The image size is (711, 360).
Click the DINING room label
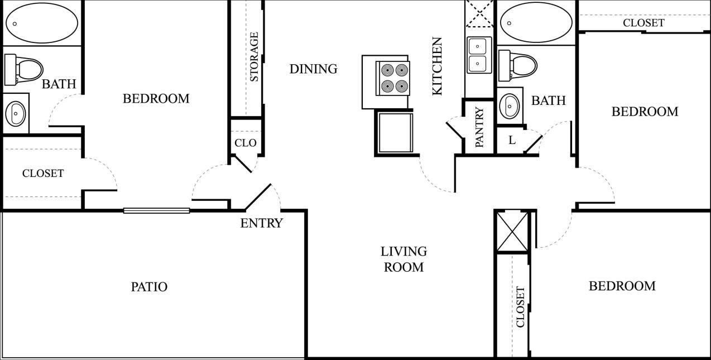313,69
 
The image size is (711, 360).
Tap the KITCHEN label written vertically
437,66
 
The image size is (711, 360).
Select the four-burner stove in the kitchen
394,78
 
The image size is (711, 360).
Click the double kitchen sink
479,55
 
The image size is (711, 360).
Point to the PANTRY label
479,127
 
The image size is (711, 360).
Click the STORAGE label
254,57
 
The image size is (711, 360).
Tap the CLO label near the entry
245,143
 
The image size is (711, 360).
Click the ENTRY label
261,223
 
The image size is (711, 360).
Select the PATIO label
149,287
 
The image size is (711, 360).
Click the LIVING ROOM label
403,259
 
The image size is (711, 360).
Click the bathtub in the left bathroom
42,23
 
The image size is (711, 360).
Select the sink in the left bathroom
16,113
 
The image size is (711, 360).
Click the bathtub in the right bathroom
536,23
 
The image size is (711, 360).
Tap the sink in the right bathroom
510,105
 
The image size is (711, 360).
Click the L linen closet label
512,141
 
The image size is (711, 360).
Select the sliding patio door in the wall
156,210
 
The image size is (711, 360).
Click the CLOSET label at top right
643,23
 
